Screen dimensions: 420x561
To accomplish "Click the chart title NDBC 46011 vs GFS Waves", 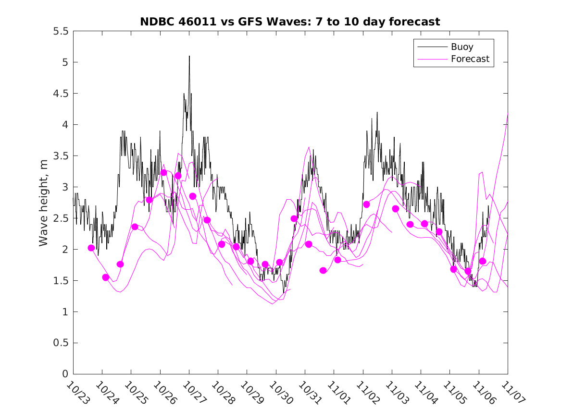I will (290, 22).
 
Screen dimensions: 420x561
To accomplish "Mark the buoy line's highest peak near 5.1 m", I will (189, 56).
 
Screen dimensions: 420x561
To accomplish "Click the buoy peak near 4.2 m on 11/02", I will (377, 112).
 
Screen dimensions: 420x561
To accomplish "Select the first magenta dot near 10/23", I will (91, 248).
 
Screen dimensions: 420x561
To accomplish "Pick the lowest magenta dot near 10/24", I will (106, 277).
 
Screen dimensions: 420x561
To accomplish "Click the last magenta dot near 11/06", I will (483, 261).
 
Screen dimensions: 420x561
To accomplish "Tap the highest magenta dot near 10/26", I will (163, 173).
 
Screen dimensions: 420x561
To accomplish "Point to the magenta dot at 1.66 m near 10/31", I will (323, 270).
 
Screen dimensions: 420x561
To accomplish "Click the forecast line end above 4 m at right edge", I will (508, 114).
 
